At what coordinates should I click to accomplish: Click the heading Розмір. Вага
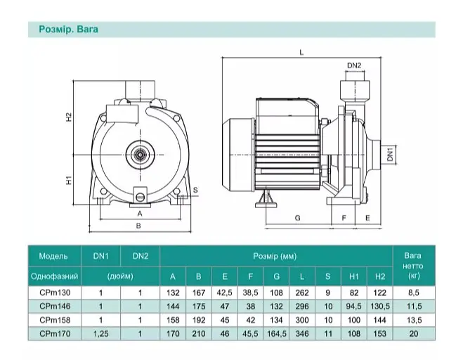coord(69,30)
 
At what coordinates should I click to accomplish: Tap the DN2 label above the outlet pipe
coord(354,65)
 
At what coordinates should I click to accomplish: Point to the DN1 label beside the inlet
coord(391,154)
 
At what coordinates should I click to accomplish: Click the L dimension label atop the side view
coord(301,53)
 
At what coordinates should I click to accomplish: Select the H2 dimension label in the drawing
coord(69,117)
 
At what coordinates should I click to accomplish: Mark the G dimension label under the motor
coord(298,218)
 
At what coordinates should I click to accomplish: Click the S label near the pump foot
coord(195,190)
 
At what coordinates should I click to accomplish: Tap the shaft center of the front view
coord(140,154)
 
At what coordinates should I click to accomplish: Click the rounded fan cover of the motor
coord(237,154)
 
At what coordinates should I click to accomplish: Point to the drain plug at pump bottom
coord(140,195)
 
